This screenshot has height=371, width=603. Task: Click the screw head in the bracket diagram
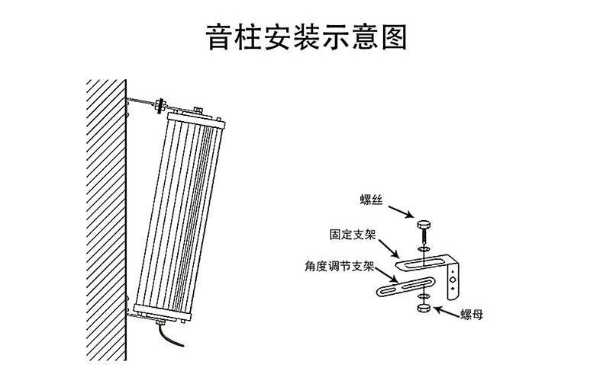point(424,225)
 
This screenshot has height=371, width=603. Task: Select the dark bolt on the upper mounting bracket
point(161,105)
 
